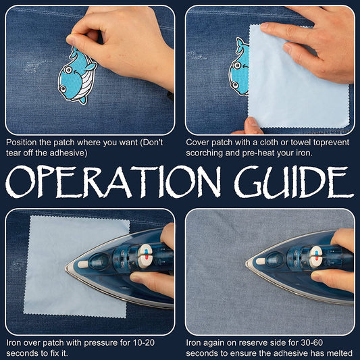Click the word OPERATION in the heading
[x=113, y=182]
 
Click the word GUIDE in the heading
[x=294, y=182]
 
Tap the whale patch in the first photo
[x=77, y=76]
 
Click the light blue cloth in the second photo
[x=299, y=78]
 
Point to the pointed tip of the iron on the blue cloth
[x=66, y=268]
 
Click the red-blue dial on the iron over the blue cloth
[x=145, y=256]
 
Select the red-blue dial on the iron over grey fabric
[x=316, y=257]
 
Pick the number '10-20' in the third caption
[x=144, y=342]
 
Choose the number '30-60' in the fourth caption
[x=312, y=342]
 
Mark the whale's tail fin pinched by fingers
[x=74, y=51]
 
